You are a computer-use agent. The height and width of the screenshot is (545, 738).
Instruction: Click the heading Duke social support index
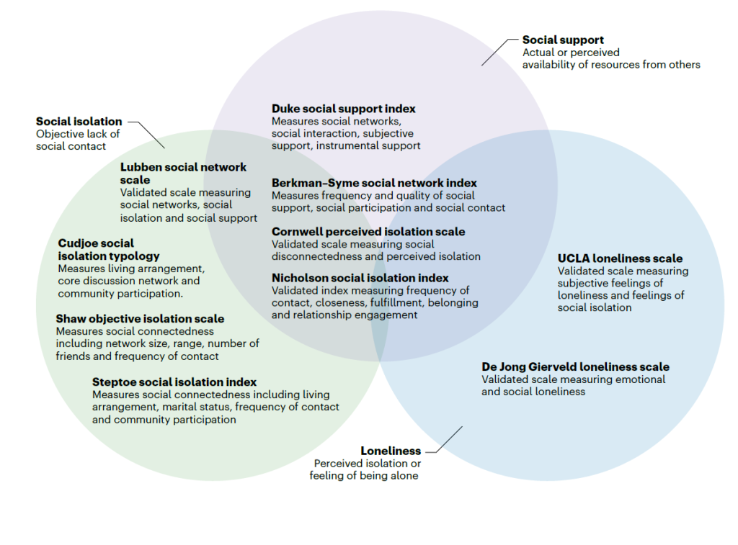343,109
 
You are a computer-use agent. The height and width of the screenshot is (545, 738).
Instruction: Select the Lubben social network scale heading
183,173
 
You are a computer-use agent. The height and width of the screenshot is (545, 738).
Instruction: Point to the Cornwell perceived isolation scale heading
368,232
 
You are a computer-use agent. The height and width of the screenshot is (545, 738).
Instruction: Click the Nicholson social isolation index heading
360,278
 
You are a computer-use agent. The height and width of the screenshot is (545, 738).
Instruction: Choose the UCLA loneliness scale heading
620,258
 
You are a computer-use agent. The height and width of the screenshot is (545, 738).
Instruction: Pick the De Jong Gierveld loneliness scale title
575,367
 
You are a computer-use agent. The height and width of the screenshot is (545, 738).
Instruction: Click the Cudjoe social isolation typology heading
108,250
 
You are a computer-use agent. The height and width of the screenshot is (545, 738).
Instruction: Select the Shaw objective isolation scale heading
140,318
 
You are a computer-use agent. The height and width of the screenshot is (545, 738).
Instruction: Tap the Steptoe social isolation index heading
174,382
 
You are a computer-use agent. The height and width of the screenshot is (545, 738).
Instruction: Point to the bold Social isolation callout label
79,122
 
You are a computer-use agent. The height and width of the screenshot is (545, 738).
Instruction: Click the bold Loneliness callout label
391,451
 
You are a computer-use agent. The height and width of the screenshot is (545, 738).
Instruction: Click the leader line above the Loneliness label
450,439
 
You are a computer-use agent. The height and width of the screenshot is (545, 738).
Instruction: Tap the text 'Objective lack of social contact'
78,140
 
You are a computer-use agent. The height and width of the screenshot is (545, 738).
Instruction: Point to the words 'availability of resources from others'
611,65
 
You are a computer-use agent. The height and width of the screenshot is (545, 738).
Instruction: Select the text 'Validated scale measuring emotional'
573,379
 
